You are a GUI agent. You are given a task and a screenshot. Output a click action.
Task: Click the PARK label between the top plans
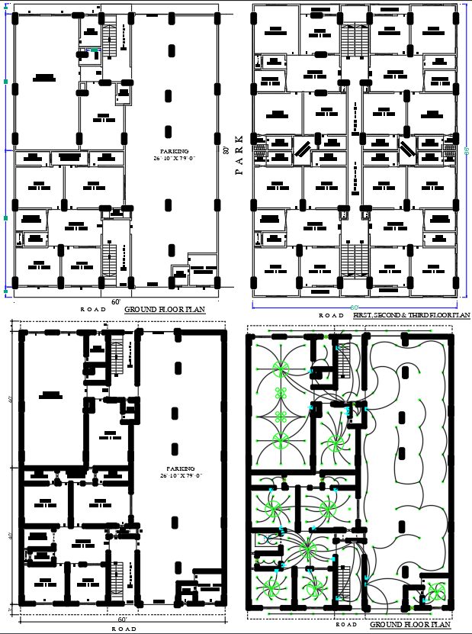point(239,156)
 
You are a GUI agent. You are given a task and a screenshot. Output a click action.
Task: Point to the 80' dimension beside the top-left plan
point(226,150)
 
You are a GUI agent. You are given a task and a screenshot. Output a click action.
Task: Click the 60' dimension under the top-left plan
point(116,302)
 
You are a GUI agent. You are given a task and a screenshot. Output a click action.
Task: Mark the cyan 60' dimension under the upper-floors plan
point(355,307)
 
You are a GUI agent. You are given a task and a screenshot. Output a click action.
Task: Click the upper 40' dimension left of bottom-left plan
point(11,398)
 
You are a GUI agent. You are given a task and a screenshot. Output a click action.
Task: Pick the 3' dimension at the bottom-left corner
point(11,610)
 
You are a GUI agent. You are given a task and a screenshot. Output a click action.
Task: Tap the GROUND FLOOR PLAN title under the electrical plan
point(410,625)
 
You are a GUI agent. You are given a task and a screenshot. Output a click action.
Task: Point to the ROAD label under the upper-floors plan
point(332,315)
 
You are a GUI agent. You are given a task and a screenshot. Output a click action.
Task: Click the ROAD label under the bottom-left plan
point(124,629)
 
